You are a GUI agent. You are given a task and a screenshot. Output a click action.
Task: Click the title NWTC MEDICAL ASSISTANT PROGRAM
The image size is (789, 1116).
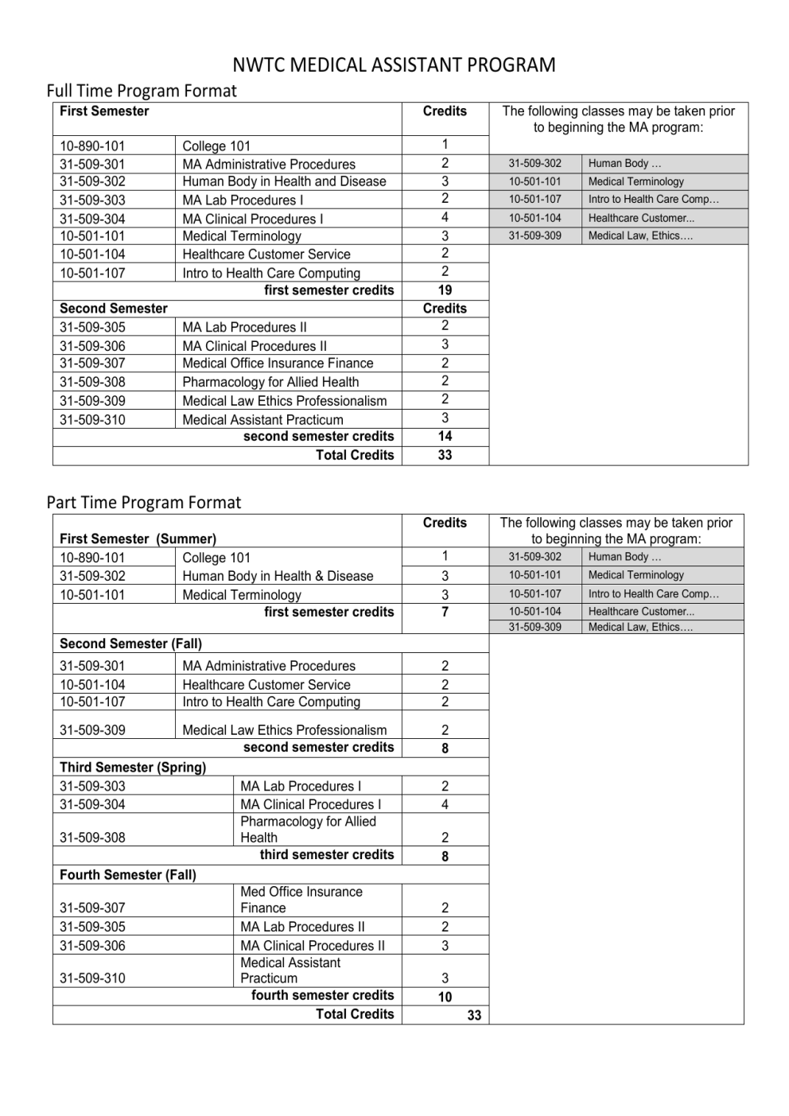point(394,65)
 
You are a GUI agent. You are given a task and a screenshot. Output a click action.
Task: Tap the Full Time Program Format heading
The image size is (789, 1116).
point(142,91)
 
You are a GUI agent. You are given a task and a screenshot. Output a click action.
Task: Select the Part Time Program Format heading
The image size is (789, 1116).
point(144,503)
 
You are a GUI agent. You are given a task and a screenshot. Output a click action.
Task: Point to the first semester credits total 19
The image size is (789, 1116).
point(445,290)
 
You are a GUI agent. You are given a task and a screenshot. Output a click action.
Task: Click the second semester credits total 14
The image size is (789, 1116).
point(445,436)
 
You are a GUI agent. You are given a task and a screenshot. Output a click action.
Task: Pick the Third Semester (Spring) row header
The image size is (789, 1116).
point(133,767)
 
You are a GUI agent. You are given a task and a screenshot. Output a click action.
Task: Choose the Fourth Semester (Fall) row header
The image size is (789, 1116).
point(128,874)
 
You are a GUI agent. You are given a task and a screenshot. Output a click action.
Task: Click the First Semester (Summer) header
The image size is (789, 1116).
point(138,539)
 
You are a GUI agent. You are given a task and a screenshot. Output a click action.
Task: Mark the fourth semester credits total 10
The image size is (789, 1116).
point(445,997)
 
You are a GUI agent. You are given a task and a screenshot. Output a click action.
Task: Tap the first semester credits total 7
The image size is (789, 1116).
point(445,612)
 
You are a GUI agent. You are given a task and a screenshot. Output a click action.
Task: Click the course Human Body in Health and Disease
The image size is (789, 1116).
point(284,181)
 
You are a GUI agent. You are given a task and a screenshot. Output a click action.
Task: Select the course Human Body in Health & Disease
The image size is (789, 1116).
point(278,576)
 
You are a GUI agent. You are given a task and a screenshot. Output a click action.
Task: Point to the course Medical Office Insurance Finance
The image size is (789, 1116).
point(278,363)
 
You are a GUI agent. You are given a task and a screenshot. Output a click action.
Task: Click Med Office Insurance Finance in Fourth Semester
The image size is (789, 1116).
point(301,900)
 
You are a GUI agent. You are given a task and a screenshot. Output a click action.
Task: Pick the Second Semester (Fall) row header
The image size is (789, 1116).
point(130,644)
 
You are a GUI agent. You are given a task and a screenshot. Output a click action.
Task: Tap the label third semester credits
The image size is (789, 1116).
point(327,854)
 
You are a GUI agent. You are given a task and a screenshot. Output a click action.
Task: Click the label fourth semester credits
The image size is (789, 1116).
point(322,995)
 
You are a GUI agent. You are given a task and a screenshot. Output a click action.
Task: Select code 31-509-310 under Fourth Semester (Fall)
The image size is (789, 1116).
point(92,978)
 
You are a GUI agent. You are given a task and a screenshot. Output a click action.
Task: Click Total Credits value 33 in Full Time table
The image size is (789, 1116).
point(445,455)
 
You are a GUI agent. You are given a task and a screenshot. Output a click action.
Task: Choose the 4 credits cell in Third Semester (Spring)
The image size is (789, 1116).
point(445,804)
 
